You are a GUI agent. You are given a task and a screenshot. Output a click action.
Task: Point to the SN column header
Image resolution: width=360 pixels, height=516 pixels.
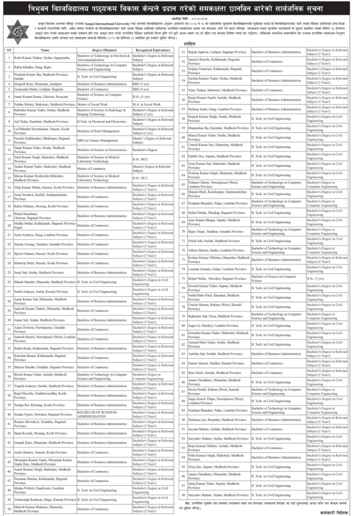[9, 50]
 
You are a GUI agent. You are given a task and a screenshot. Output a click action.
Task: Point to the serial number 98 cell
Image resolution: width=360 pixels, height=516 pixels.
[184, 495]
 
